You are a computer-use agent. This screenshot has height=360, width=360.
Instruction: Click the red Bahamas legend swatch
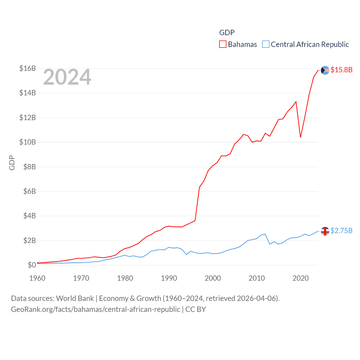click(223, 44)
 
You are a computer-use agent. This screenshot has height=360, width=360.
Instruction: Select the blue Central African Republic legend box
click(266, 44)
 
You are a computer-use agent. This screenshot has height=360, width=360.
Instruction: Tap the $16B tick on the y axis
click(28, 68)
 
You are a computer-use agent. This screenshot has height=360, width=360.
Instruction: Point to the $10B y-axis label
click(28, 142)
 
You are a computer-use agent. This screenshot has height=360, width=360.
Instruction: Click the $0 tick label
click(31, 265)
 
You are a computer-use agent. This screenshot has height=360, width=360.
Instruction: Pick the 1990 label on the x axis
click(169, 278)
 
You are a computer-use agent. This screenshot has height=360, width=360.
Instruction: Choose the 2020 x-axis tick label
click(301, 278)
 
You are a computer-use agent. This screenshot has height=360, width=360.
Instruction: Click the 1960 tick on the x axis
click(37, 278)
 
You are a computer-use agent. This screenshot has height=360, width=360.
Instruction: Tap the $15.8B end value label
click(341, 70)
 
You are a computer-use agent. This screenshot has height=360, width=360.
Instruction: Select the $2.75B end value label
click(341, 231)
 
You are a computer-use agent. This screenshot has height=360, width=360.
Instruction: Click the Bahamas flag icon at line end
click(325, 70)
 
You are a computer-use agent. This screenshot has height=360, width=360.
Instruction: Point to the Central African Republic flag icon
click(325, 231)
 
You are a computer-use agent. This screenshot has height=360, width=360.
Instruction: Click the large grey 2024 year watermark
click(67, 77)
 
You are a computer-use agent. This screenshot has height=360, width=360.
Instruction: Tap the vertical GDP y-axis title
click(12, 163)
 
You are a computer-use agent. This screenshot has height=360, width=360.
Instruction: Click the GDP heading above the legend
click(227, 33)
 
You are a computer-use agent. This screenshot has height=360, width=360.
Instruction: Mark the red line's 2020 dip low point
click(301, 137)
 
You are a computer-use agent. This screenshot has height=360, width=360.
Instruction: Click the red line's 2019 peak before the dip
click(296, 102)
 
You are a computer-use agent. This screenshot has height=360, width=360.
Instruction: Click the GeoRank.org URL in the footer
click(96, 309)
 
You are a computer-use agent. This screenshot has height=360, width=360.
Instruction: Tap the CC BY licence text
click(196, 309)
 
